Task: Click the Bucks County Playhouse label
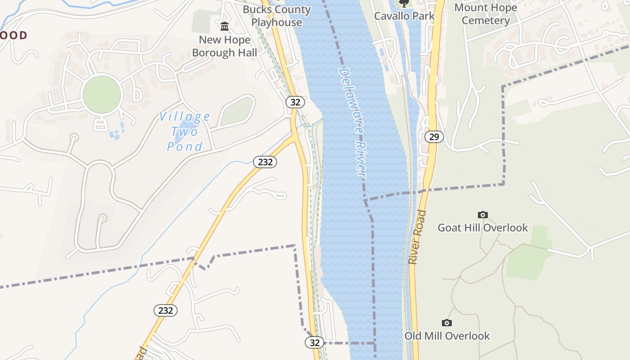[x=276, y=16]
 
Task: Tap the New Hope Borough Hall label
[x=225, y=46]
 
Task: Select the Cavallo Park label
[x=405, y=16]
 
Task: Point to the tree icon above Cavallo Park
[x=404, y=4]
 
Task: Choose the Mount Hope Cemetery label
[x=486, y=14]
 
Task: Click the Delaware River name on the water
[x=353, y=123]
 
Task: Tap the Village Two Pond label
[x=184, y=131]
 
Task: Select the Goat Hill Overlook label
[x=482, y=228]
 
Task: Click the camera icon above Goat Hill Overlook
[x=482, y=215]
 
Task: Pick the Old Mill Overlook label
[x=447, y=336]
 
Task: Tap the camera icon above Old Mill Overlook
[x=446, y=323]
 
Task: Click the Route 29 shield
[x=434, y=137]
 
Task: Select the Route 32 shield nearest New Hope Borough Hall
[x=295, y=102]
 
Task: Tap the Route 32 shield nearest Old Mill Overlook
[x=315, y=343]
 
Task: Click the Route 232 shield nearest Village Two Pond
[x=265, y=162]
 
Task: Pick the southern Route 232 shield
[x=166, y=310]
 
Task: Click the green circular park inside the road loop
[x=102, y=94]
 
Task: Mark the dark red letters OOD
[x=13, y=35]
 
